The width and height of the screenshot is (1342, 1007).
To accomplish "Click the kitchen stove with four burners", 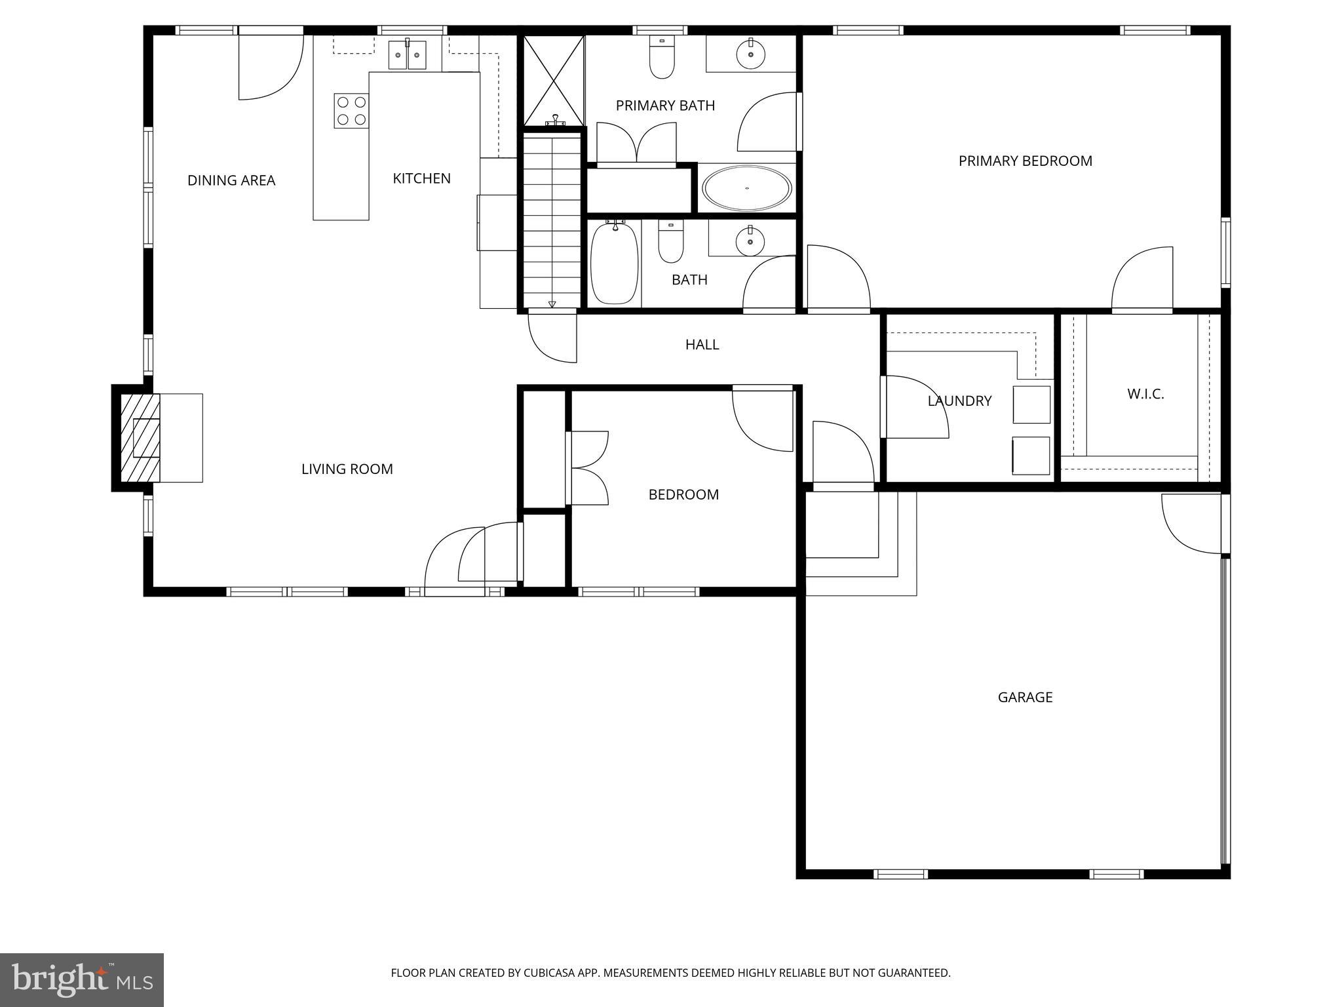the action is click(x=351, y=111).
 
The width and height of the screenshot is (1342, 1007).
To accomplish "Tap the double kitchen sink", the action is click(x=407, y=55).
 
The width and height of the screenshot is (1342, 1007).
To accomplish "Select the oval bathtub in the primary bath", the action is click(x=746, y=189).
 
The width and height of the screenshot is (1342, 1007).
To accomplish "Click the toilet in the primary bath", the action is click(x=662, y=57).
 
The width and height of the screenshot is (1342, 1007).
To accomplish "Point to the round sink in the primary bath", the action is click(x=750, y=54).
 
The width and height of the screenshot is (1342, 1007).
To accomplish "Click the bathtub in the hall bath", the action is click(x=615, y=262).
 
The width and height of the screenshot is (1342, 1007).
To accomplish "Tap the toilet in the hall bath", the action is click(x=670, y=242).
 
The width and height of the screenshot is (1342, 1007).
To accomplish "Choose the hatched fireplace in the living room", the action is click(x=140, y=437).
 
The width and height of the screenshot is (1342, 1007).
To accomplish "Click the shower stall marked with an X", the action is click(x=554, y=80).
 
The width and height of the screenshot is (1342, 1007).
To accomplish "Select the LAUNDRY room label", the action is click(x=959, y=401).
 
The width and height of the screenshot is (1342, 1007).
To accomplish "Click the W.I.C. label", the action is click(x=1145, y=394).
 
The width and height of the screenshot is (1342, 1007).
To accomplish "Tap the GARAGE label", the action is click(x=1025, y=697).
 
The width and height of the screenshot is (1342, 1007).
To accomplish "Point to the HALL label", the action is click(x=702, y=344).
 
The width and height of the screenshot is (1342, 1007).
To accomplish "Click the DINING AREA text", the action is click(x=231, y=180).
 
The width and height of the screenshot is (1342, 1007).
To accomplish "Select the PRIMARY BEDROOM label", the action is click(x=1026, y=161).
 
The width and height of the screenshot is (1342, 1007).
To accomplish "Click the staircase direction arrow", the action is click(x=552, y=304).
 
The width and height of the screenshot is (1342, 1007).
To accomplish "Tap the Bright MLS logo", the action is click(x=82, y=979).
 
